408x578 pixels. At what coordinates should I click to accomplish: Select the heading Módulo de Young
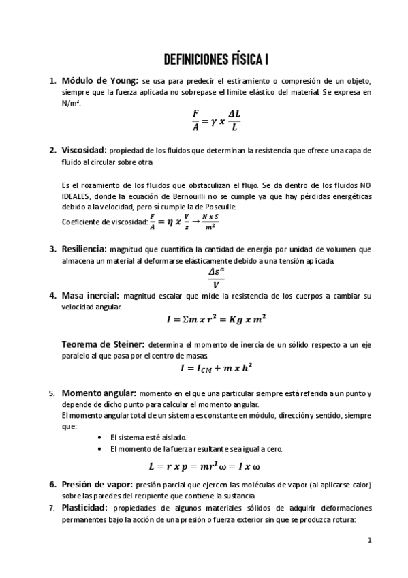100,80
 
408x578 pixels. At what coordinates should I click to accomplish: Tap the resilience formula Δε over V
216,277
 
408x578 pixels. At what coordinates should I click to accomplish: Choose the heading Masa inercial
90,296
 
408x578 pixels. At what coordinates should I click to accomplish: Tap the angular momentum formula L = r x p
204,467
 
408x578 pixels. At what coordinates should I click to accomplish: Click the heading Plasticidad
84,508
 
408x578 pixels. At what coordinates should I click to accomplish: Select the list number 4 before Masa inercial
52,296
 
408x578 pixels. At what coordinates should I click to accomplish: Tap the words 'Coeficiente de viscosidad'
104,222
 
